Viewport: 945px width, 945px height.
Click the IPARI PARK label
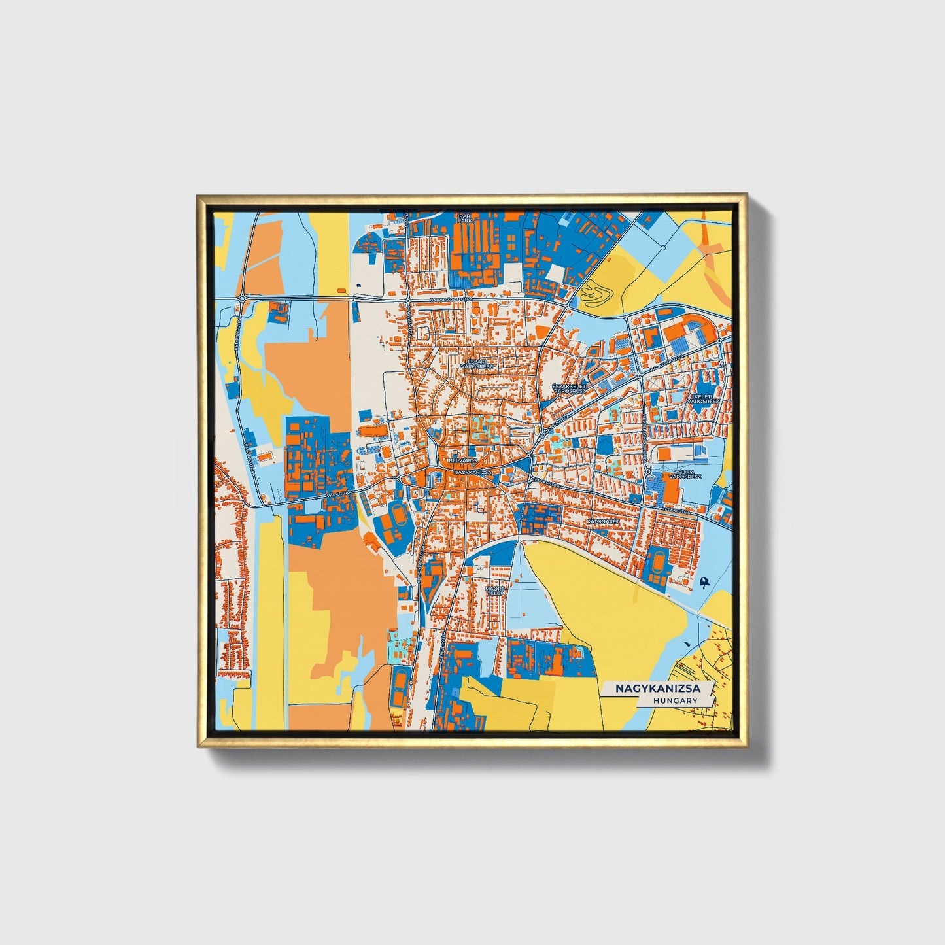[x=464, y=218]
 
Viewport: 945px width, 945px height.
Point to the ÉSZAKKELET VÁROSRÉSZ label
[x=570, y=389]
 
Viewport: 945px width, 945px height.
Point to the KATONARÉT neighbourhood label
[x=603, y=521]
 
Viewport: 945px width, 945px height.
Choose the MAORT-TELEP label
[x=494, y=590]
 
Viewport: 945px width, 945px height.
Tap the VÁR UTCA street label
[x=336, y=485]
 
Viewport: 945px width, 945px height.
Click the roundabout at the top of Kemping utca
[x=243, y=298]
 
